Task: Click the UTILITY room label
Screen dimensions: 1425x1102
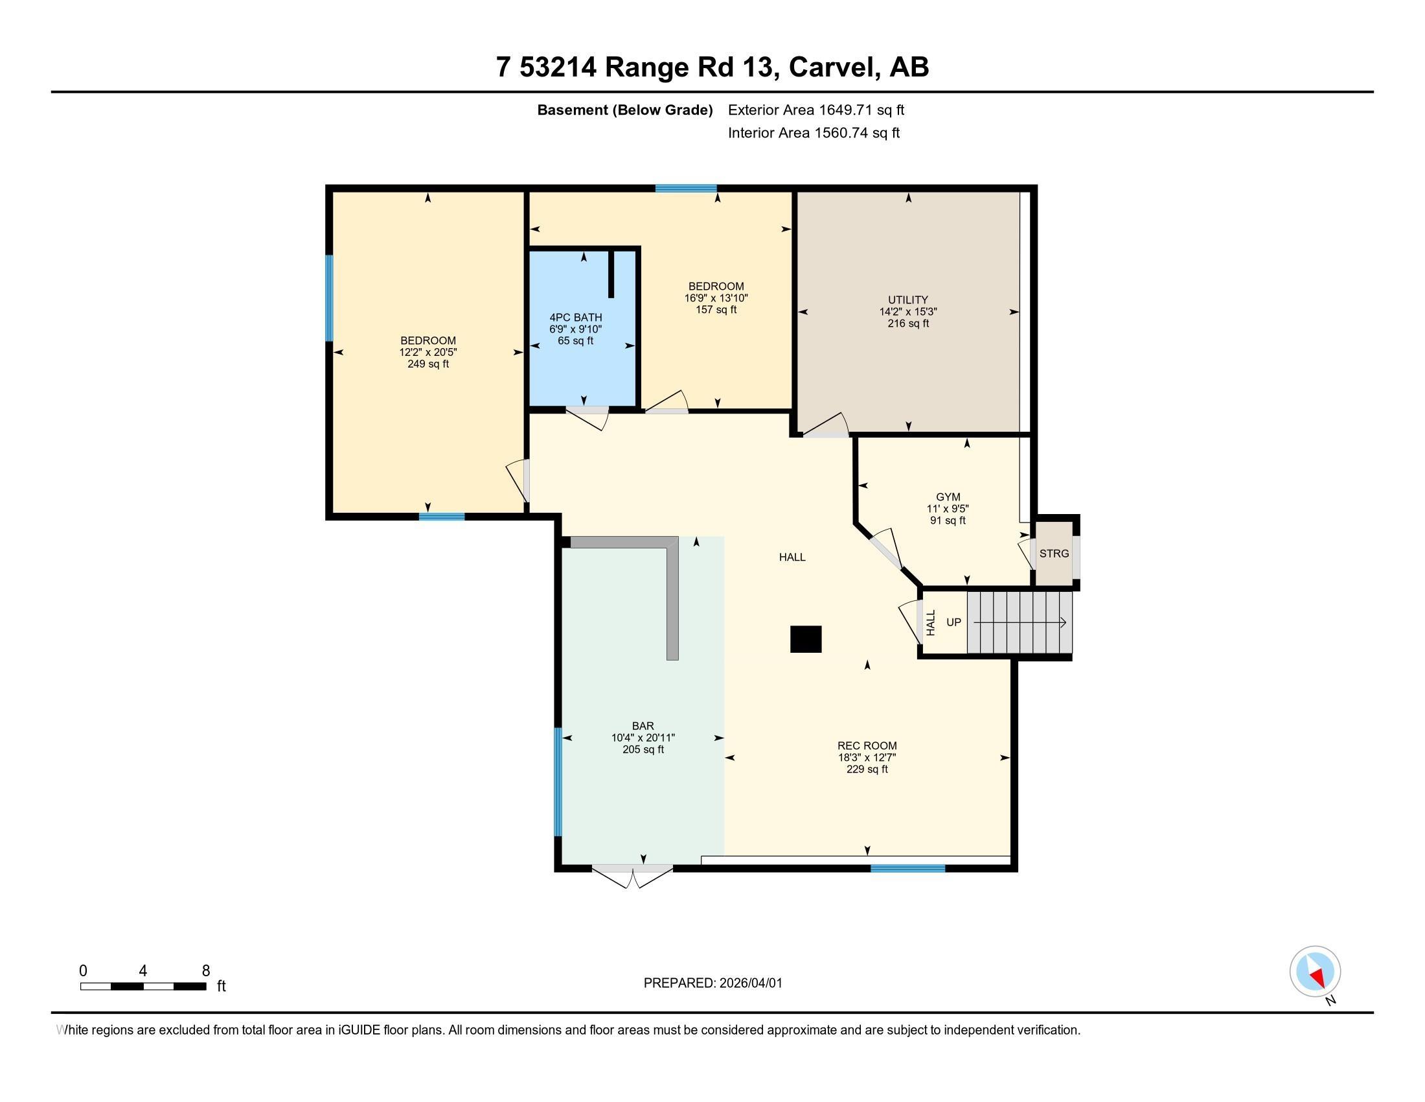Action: [x=907, y=300]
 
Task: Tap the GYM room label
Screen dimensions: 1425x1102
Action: [x=948, y=497]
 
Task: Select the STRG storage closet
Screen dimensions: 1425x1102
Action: [x=1054, y=554]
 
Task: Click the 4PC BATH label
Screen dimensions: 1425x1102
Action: [x=575, y=318]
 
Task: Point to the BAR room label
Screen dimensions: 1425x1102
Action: [x=643, y=726]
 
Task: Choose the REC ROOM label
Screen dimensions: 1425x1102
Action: [x=867, y=745]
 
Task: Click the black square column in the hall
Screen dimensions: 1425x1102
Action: [x=806, y=639]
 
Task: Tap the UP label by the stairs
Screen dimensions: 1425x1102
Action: [x=954, y=622]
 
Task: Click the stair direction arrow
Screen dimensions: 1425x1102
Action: [x=1020, y=623]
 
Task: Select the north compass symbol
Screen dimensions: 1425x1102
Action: [x=1315, y=972]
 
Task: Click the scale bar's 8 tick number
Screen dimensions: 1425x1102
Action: [x=205, y=971]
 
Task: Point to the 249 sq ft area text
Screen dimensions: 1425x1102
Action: [x=428, y=364]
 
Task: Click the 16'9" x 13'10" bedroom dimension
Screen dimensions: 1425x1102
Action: [x=716, y=298]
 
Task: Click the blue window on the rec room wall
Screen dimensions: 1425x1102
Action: [x=908, y=868]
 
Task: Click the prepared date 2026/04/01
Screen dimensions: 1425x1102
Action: [x=749, y=983]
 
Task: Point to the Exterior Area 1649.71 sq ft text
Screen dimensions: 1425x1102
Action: [x=816, y=110]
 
